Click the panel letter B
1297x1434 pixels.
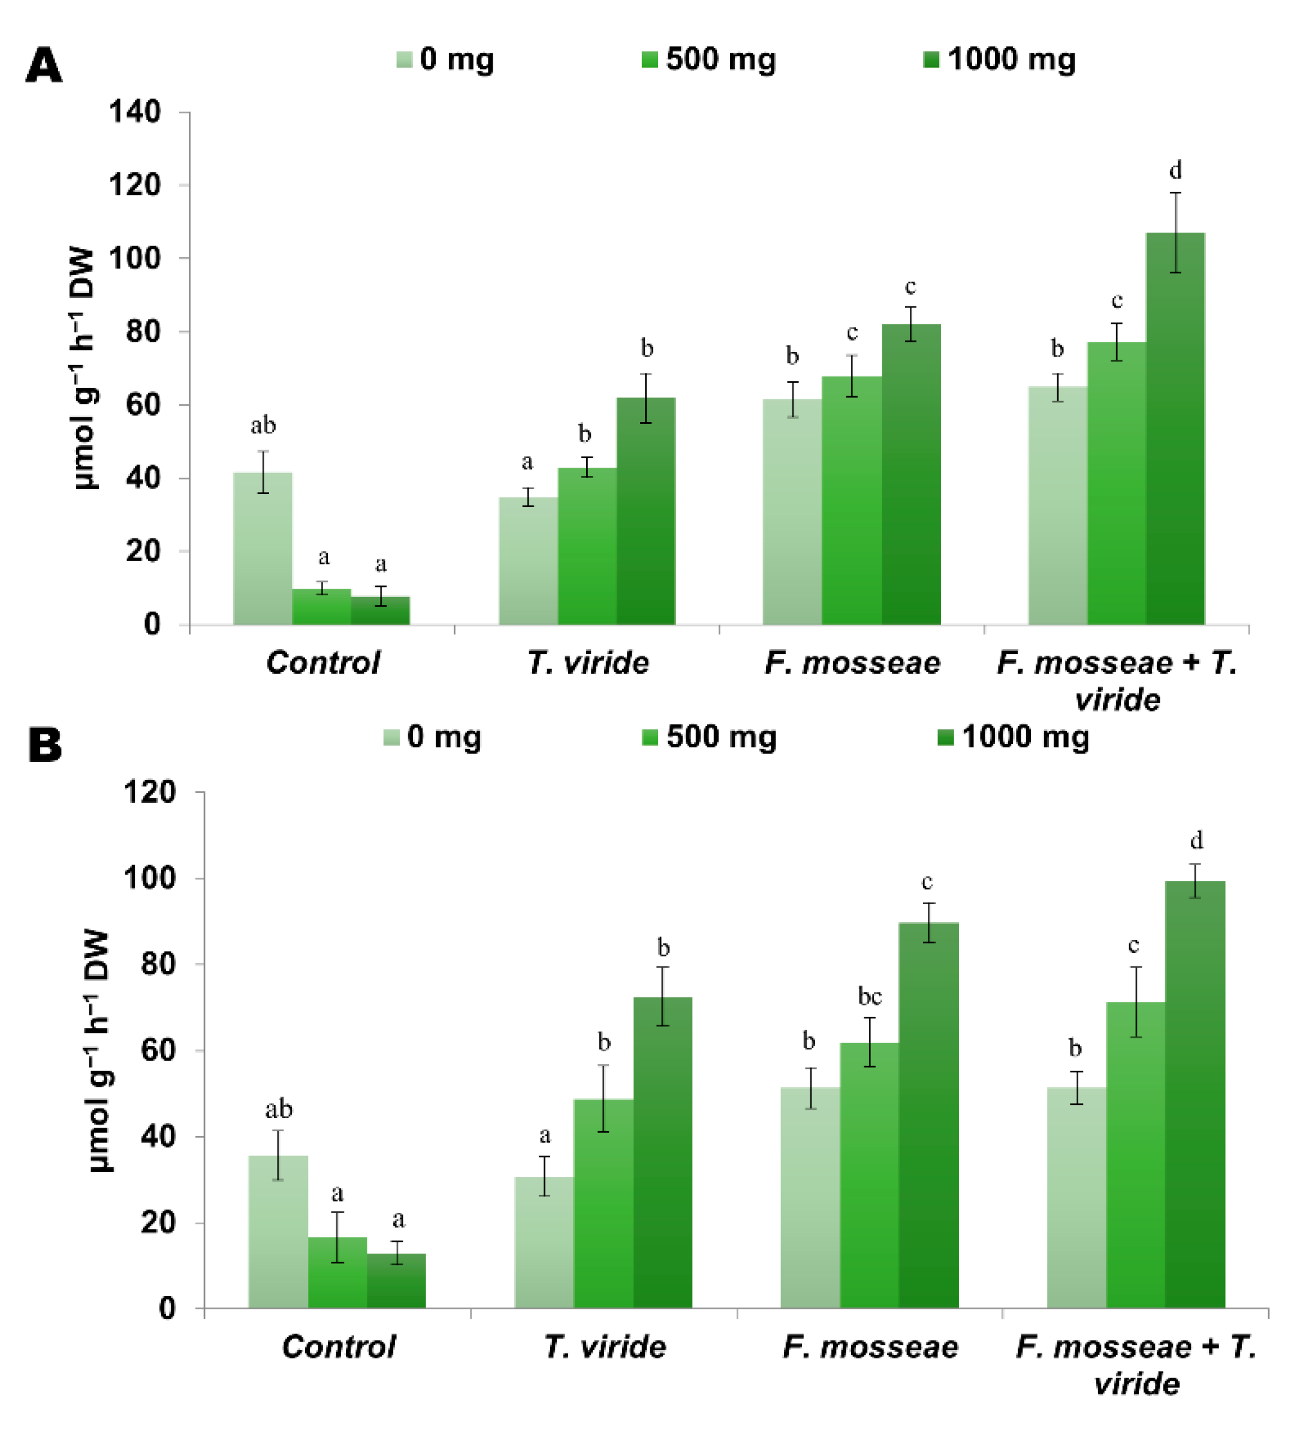pos(45,745)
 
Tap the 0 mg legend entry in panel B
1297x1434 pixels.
pos(432,737)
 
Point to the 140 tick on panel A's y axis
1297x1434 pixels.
pos(134,112)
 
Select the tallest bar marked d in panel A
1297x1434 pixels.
pos(1175,427)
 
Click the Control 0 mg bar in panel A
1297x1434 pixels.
pos(263,548)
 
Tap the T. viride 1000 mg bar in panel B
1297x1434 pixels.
pos(662,1152)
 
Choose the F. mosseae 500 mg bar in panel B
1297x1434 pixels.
pos(869,1174)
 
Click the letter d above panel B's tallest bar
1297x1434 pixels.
pos(1197,840)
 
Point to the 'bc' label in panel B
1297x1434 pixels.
pos(870,996)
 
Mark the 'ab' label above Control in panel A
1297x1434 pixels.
pos(263,426)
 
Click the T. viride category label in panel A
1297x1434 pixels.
pos(587,662)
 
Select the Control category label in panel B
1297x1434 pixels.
pos(339,1346)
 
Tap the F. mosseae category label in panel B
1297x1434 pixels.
pos(870,1346)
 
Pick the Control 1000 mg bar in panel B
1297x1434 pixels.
pos(396,1281)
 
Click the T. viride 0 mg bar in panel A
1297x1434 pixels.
pos(527,561)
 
